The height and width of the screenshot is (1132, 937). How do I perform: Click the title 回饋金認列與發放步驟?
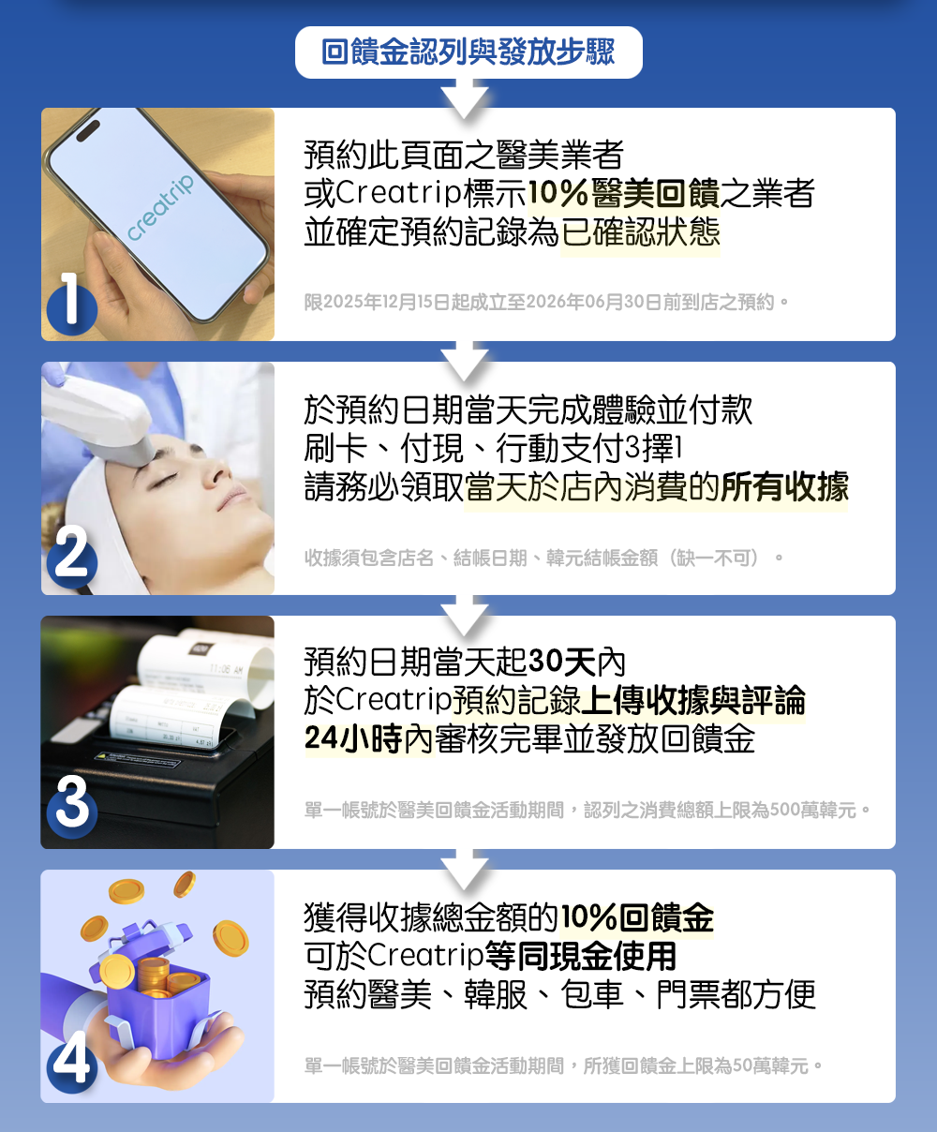(x=468, y=52)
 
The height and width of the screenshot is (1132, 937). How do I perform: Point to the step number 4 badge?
(x=72, y=1061)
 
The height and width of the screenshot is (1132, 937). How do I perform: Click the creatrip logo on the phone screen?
(x=160, y=207)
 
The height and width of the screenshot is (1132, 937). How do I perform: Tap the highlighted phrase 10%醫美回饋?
(x=623, y=194)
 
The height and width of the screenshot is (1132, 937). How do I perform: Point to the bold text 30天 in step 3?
(x=562, y=663)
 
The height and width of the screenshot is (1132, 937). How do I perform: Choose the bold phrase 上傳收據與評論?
(x=692, y=701)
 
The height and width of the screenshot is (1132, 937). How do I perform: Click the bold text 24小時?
(x=352, y=739)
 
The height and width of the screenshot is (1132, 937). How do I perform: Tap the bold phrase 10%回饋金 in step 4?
(x=637, y=917)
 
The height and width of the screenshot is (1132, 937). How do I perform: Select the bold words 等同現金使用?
(x=580, y=956)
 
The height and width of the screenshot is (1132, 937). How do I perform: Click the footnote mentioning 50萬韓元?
(x=563, y=1065)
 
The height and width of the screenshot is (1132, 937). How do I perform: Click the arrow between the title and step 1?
(x=466, y=97)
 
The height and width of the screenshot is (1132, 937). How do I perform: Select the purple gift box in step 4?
(x=155, y=993)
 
